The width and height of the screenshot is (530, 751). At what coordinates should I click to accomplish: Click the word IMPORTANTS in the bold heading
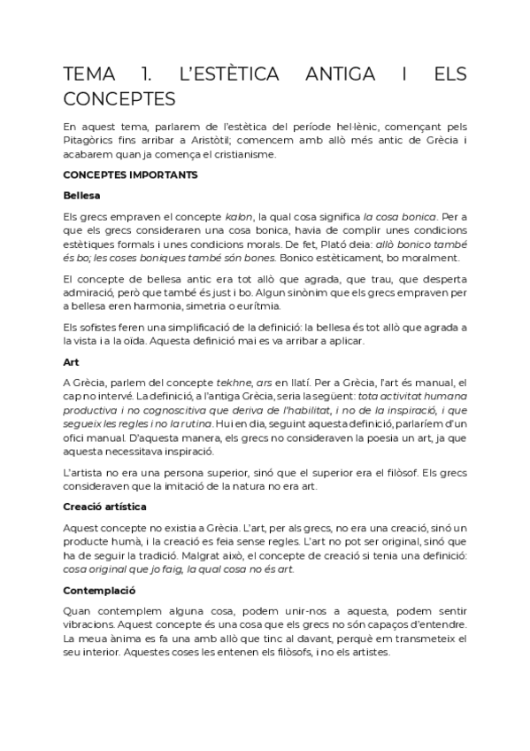pyautogui.click(x=160, y=174)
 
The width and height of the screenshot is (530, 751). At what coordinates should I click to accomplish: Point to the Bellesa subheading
pyautogui.click(x=81, y=195)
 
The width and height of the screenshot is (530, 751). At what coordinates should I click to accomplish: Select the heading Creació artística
pyautogui.click(x=105, y=507)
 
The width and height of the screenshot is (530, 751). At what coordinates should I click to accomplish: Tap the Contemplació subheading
pyautogui.click(x=98, y=589)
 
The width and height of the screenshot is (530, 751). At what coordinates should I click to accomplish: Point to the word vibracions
pyautogui.click(x=89, y=625)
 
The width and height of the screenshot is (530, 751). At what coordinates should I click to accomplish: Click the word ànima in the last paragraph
pyautogui.click(x=107, y=639)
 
